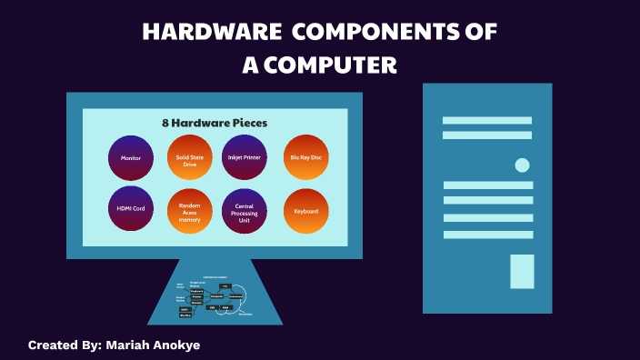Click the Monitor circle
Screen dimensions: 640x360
coord(131,157)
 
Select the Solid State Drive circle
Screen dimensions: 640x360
coord(190,157)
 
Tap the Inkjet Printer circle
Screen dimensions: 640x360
coord(245,157)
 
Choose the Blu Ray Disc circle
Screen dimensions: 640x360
coord(306,157)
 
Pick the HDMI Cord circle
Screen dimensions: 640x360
coord(131,209)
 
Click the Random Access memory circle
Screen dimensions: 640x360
coord(190,211)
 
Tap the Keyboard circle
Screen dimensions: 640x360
coord(306,211)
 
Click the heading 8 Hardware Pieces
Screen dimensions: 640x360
coord(215,123)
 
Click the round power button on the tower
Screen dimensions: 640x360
coord(522,165)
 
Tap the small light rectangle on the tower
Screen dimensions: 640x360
coord(522,271)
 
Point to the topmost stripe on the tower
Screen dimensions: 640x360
coord(487,120)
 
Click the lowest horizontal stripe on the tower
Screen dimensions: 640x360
coord(487,235)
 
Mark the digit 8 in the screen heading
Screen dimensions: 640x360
coord(166,123)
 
